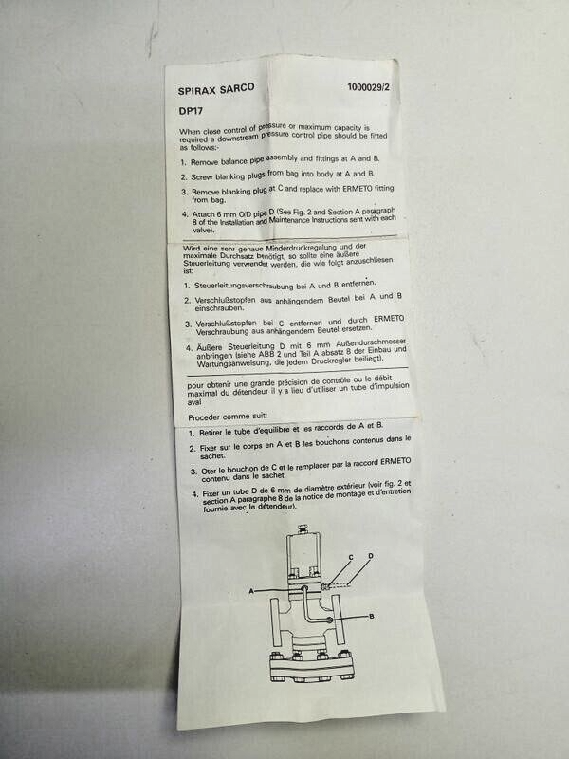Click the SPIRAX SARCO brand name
(216, 89)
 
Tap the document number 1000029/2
(368, 87)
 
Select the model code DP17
(191, 111)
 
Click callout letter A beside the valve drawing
(251, 591)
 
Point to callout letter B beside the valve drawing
(372, 616)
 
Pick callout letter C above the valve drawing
(351, 557)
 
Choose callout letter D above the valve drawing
(371, 556)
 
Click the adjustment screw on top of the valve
(303, 528)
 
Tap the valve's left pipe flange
(275, 622)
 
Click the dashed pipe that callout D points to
(339, 586)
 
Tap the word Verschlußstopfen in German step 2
(226, 300)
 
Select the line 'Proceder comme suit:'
(228, 417)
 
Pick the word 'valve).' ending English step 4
(203, 231)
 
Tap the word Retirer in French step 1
(211, 433)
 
